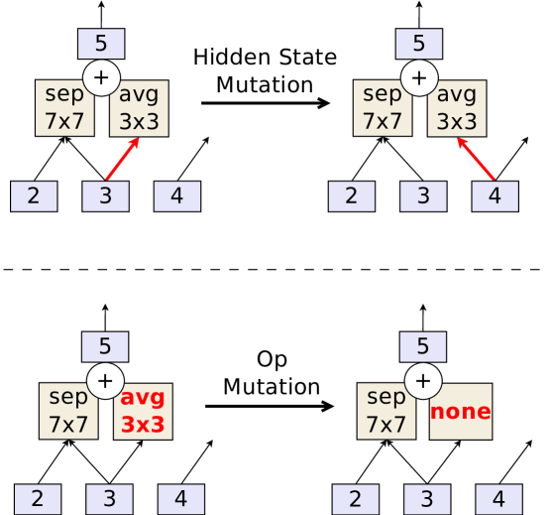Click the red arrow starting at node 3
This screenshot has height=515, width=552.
(x=122, y=160)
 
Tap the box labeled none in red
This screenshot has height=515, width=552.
(x=460, y=411)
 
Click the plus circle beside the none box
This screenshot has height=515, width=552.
(x=423, y=380)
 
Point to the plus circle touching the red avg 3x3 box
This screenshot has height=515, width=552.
(x=105, y=380)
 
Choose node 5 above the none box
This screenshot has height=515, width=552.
(x=423, y=346)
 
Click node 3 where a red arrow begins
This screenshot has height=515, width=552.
(x=105, y=195)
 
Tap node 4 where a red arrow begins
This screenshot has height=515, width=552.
(x=495, y=195)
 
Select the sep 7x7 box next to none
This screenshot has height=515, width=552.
(x=386, y=411)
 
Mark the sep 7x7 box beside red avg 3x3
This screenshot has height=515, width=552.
(x=68, y=411)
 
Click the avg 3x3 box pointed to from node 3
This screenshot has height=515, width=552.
(x=139, y=108)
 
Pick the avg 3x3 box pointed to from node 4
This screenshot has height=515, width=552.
(x=457, y=108)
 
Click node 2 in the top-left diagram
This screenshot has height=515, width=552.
(x=34, y=195)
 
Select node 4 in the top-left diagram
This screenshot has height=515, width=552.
(x=176, y=195)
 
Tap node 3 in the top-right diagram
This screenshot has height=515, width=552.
(x=423, y=195)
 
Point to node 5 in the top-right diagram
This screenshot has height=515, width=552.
(x=419, y=44)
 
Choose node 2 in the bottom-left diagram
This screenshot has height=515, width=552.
(x=38, y=498)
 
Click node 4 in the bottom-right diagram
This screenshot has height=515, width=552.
(x=498, y=498)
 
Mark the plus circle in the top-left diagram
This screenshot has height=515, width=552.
(x=101, y=77)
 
